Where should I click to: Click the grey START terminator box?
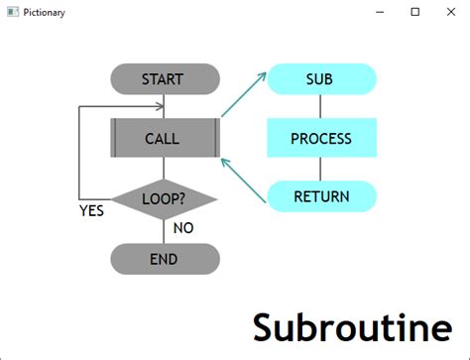pyautogui.click(x=164, y=79)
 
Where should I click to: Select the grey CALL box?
pyautogui.click(x=164, y=138)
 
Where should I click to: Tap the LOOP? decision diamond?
pyautogui.click(x=164, y=198)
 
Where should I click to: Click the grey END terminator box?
pyautogui.click(x=164, y=259)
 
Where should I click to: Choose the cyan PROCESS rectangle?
pyautogui.click(x=321, y=138)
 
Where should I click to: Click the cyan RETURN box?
pyautogui.click(x=321, y=196)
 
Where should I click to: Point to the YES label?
pyautogui.click(x=91, y=210)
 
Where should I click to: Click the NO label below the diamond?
pyautogui.click(x=183, y=228)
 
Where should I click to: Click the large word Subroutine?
pyautogui.click(x=352, y=327)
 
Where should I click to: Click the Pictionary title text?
pyautogui.click(x=46, y=12)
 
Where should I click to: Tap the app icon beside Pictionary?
pyautogui.click(x=12, y=12)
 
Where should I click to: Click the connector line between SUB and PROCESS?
pyautogui.click(x=321, y=106)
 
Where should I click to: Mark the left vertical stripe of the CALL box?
pyautogui.click(x=115, y=138)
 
